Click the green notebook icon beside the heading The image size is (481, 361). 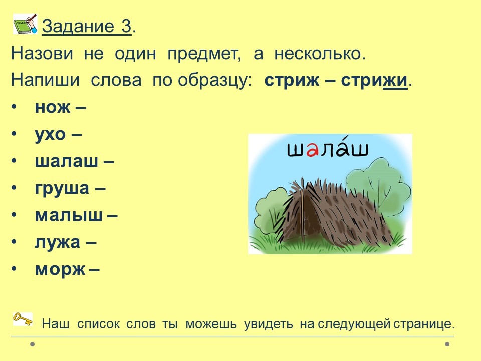click(25, 24)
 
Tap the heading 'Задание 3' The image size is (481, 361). click(87, 27)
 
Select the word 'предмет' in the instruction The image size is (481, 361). click(204, 54)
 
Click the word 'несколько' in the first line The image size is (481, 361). click(320, 54)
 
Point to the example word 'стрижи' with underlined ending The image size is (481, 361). click(374, 81)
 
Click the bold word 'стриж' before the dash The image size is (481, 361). click(292, 81)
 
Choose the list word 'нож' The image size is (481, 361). click(53, 107)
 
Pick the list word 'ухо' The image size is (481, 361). click(50, 135)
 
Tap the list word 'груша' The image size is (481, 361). click(62, 189)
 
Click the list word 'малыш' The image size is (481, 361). click(69, 215)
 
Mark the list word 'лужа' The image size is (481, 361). click(57, 242)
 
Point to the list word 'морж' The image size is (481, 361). click(60, 270)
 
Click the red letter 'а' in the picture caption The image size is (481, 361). click(312, 150)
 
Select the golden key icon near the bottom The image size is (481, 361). click(23, 319)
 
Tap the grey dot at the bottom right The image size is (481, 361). click(447, 344)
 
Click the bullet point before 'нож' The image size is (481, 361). click(14, 107)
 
